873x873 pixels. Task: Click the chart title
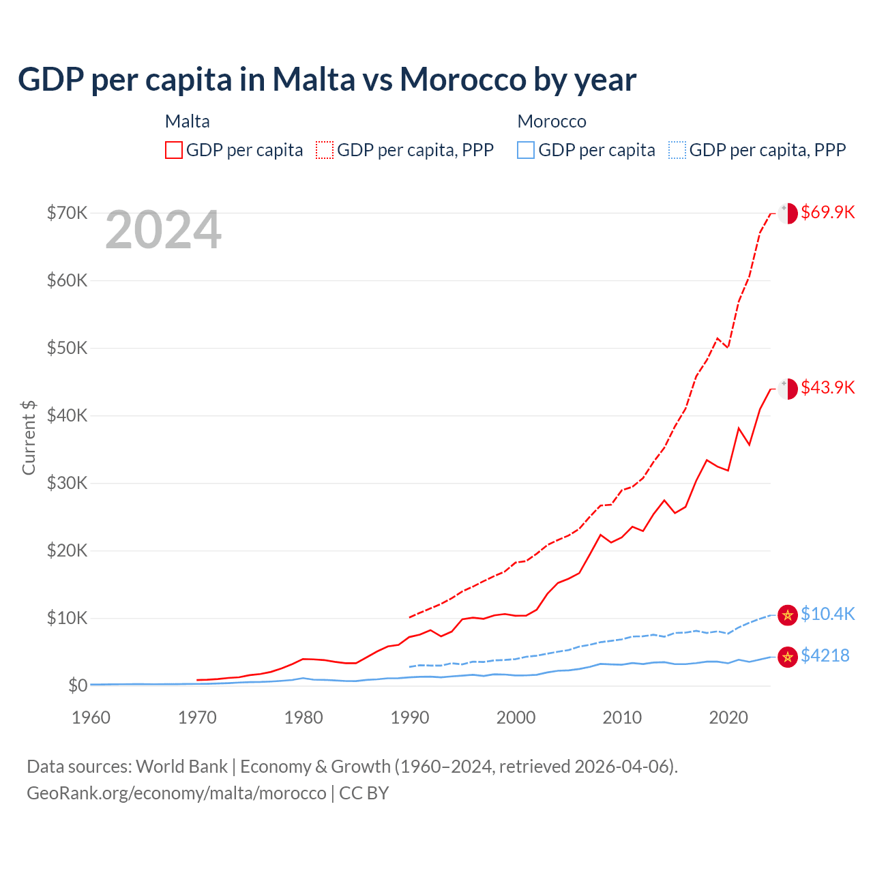(x=327, y=80)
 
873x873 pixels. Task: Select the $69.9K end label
(x=827, y=212)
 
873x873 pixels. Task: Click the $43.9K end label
(x=827, y=387)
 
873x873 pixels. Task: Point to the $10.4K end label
(x=827, y=614)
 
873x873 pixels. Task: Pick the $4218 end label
(x=825, y=655)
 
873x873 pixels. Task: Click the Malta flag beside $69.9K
(x=788, y=213)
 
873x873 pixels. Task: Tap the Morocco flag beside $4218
(x=788, y=657)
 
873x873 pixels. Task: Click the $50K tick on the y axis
(x=67, y=348)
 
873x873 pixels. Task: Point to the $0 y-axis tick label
(x=78, y=685)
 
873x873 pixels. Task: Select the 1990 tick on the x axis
(x=410, y=717)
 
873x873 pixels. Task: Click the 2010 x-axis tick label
(x=622, y=717)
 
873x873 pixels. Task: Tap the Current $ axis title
(x=29, y=438)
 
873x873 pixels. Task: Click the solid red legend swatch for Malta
(x=174, y=150)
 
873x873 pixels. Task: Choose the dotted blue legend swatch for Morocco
(x=677, y=150)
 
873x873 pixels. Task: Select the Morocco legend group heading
(x=552, y=121)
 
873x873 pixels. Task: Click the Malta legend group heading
(x=188, y=121)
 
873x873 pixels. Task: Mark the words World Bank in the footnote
(x=181, y=767)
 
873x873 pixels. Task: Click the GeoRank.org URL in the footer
(x=177, y=793)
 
